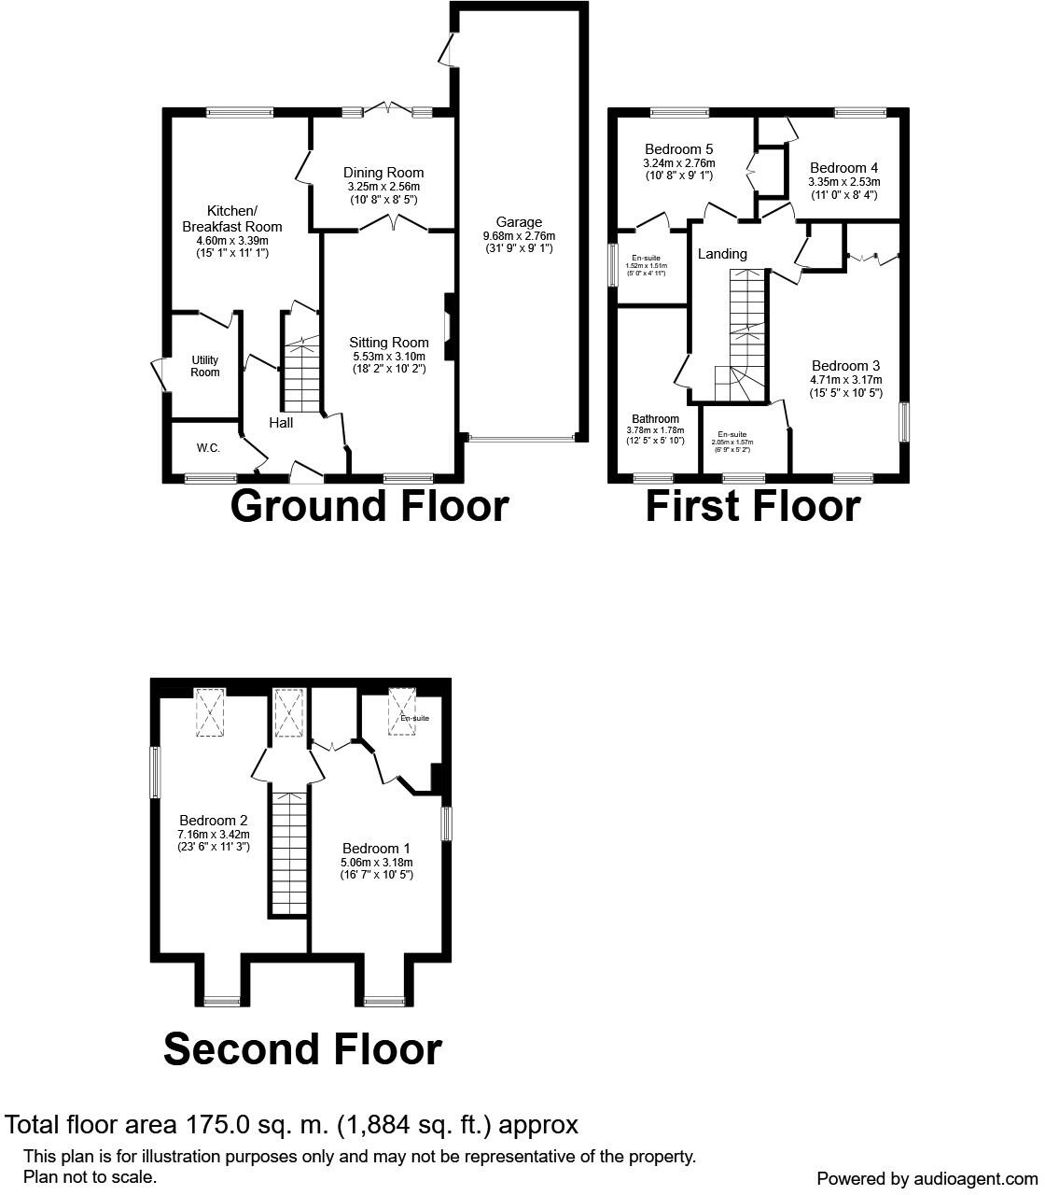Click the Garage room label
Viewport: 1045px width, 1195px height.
click(519, 222)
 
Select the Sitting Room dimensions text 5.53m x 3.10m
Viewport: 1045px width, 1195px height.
click(389, 356)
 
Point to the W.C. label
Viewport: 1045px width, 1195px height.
click(208, 448)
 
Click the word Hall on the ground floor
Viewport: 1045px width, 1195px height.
click(281, 423)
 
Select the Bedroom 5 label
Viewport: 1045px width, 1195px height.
click(679, 149)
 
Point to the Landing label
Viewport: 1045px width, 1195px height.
click(722, 254)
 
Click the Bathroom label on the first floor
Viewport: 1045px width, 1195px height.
click(655, 418)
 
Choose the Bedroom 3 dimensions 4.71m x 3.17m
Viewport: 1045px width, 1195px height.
click(846, 380)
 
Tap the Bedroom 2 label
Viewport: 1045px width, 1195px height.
click(214, 821)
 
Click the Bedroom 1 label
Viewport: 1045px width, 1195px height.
click(376, 849)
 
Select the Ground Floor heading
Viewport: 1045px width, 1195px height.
click(369, 506)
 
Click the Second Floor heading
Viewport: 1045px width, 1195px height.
click(302, 1049)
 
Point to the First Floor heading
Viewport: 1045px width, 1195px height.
click(753, 506)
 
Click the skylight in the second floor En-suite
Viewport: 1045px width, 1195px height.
click(403, 702)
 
